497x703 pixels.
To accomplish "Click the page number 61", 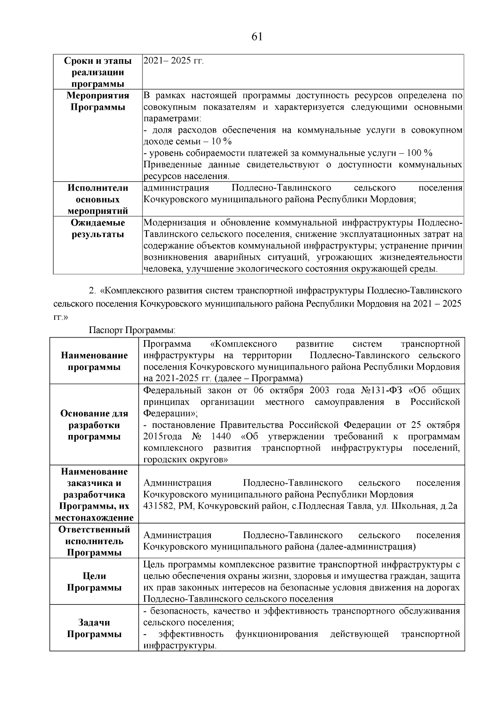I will click(x=257, y=37).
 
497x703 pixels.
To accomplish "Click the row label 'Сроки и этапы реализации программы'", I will click(x=98, y=72).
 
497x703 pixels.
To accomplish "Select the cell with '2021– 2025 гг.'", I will click(x=174, y=61).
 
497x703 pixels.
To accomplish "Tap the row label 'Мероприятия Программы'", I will click(x=98, y=101).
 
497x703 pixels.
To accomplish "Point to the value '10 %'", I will click(x=222, y=142).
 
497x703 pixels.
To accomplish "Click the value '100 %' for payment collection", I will click(x=420, y=153).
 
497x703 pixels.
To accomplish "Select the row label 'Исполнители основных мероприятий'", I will click(x=98, y=199).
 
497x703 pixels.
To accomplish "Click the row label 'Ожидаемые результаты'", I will click(x=98, y=228).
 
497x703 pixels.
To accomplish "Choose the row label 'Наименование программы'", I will click(x=94, y=361).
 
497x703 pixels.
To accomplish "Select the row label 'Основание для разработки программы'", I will click(x=94, y=425).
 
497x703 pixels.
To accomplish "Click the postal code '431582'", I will click(x=159, y=506).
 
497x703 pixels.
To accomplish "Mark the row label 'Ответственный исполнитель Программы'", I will click(x=94, y=541).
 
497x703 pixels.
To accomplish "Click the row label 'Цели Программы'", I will click(x=94, y=582).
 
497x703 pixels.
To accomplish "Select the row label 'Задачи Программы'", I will click(x=94, y=628).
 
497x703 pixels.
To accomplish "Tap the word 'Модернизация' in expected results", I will click(x=173, y=223).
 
